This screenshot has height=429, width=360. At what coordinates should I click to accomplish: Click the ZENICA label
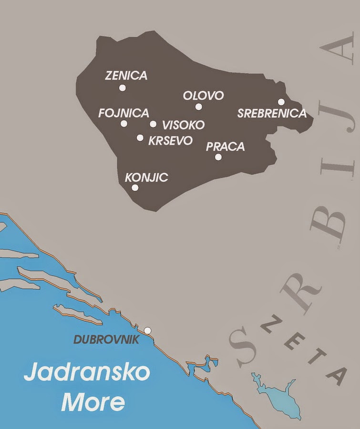[x=126, y=76]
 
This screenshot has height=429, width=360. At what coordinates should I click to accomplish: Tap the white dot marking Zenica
[x=123, y=88]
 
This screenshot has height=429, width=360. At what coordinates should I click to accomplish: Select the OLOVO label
[x=204, y=96]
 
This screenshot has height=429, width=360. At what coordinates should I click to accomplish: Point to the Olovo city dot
[x=199, y=107]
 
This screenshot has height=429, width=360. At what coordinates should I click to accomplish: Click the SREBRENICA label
[x=272, y=113]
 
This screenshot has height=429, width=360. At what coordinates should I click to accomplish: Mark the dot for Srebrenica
[x=281, y=102]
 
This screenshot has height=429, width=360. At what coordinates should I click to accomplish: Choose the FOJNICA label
[x=123, y=113]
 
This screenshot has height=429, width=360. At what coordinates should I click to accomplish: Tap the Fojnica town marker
[x=124, y=124]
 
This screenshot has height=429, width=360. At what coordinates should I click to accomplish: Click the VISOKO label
[x=184, y=125]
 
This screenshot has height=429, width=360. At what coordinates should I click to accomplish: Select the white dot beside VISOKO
[x=153, y=124]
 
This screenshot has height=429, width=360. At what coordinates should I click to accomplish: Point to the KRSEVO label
[x=170, y=141]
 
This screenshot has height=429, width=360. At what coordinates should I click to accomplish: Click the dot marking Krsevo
[x=140, y=138]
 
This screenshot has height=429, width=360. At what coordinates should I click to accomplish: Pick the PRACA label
[x=225, y=147]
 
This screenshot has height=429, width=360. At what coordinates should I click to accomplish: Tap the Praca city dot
[x=218, y=157]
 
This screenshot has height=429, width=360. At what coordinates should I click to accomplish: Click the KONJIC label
[x=146, y=178]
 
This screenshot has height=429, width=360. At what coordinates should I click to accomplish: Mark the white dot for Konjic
[x=135, y=188]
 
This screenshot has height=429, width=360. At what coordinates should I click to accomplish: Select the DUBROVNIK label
[x=106, y=340]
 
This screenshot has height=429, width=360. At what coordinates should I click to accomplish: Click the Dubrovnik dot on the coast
[x=148, y=330]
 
